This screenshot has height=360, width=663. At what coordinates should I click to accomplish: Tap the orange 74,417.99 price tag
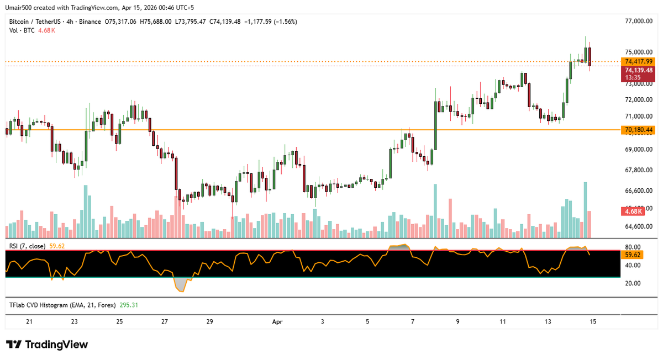tap(639, 61)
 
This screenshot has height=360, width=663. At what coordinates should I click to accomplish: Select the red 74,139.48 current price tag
tap(639, 70)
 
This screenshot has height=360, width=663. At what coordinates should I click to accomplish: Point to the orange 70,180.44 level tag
tap(639, 130)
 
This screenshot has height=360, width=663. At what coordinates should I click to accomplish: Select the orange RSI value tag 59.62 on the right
tap(633, 255)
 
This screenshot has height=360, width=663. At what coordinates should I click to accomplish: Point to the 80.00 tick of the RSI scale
tap(633, 247)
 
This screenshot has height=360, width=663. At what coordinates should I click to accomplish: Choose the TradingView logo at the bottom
tap(48, 345)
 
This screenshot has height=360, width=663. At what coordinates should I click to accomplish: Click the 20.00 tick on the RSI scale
tap(633, 283)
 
